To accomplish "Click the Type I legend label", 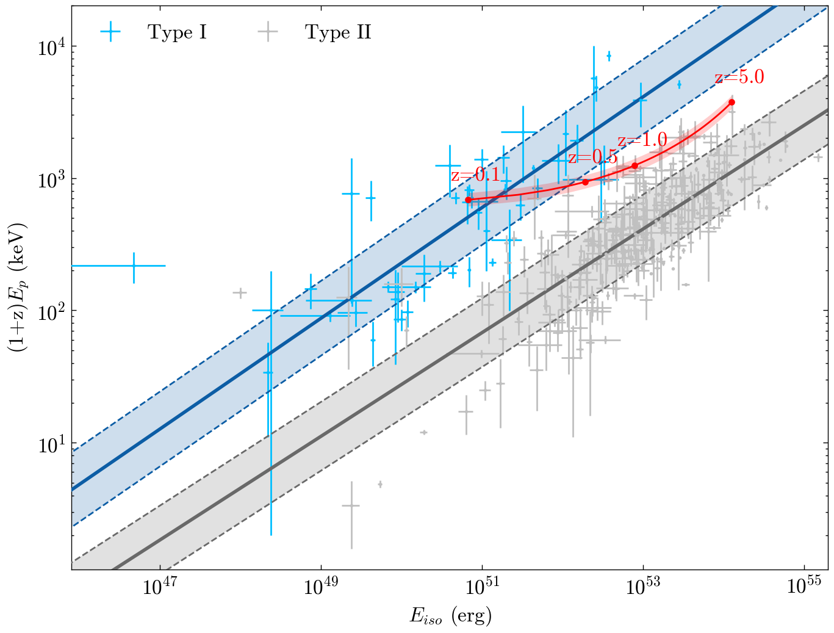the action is tap(177, 32).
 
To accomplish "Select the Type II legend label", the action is tap(338, 32).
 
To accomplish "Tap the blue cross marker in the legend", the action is tap(110, 32).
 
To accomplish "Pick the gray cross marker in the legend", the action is tap(268, 32).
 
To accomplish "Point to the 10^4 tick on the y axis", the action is tap(52, 48).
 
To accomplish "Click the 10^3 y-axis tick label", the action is tap(52, 180).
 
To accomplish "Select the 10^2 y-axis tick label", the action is tap(52, 312).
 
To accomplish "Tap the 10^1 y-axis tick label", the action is tap(52, 444).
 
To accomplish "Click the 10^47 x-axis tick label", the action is tap(160, 586).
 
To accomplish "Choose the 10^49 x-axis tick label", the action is tap(321, 586).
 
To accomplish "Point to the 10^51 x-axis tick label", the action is tap(482, 586).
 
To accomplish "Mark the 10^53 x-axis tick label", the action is tap(643, 586).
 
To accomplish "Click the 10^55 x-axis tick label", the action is tap(804, 586).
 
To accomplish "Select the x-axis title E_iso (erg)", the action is tap(451, 615).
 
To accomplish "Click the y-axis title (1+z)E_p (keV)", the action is tap(18, 288).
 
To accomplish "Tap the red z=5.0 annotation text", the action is tap(739, 77).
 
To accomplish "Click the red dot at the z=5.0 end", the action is tap(732, 103).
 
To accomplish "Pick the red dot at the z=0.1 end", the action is tap(468, 200).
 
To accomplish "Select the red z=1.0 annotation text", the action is tap(642, 140).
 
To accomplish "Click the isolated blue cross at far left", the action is tap(134, 266).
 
